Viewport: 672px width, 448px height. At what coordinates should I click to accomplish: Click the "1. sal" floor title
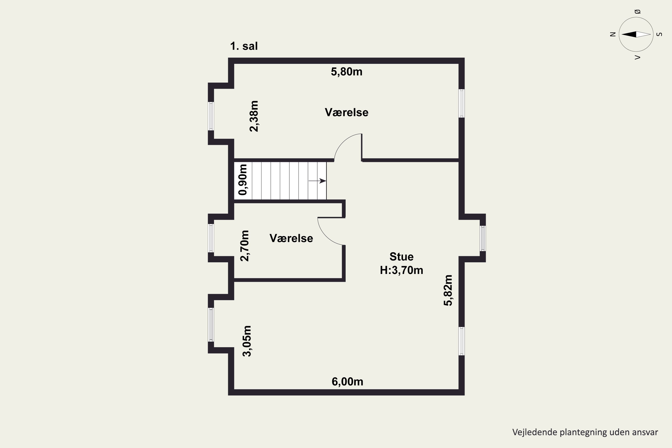(244, 46)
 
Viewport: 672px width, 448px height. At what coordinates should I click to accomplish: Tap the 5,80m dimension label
(347, 72)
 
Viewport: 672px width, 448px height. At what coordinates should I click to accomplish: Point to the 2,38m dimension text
(254, 116)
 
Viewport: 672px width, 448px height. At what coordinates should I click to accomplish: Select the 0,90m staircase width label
(243, 180)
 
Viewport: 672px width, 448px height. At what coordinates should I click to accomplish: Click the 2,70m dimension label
(245, 246)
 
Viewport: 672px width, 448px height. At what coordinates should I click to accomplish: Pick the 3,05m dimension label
(247, 341)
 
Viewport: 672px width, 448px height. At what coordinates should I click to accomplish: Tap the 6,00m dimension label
(347, 382)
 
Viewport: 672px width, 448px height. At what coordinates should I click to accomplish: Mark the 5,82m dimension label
(448, 290)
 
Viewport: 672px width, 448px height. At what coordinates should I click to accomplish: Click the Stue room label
(401, 256)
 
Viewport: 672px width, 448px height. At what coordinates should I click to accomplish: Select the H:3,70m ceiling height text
(401, 270)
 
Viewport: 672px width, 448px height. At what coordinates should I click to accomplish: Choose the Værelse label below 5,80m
(347, 112)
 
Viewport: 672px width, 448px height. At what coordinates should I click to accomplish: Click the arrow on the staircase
(317, 181)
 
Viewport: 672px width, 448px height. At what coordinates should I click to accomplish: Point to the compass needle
(636, 34)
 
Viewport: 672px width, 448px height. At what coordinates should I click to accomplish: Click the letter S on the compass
(659, 34)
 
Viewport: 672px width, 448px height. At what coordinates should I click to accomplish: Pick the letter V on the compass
(637, 57)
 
